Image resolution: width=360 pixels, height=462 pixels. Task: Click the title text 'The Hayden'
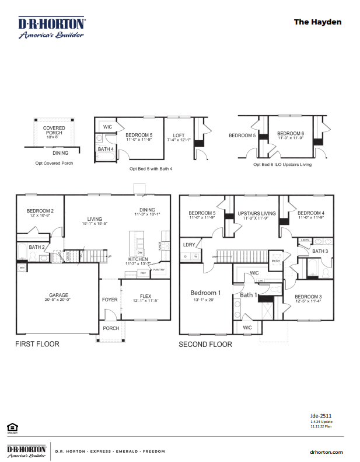pos(317,22)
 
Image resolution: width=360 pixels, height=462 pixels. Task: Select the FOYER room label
pos(110,300)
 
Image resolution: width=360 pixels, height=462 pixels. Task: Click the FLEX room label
pos(145,296)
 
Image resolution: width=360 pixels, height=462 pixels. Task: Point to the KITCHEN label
pos(138,259)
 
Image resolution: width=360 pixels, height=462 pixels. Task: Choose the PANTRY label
pos(159,270)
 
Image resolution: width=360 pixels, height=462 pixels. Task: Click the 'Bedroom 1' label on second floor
pos(206,293)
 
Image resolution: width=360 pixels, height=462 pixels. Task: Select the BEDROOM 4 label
pos(311,213)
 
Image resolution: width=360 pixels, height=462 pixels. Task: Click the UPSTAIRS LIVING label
pos(257,213)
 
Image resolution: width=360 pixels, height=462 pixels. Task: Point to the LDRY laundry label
pos(189,245)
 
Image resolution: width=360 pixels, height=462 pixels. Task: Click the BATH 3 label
pos(320,251)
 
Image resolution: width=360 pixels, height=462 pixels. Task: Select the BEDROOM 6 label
pos(290,133)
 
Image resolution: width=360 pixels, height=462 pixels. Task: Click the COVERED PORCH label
pos(54,130)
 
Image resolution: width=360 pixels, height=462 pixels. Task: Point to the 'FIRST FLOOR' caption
pos(37,344)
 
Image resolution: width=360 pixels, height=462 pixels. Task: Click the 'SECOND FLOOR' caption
pos(205,344)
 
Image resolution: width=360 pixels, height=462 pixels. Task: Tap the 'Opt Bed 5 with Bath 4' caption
pos(151,168)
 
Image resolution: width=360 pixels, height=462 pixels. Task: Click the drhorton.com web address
pos(326,451)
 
